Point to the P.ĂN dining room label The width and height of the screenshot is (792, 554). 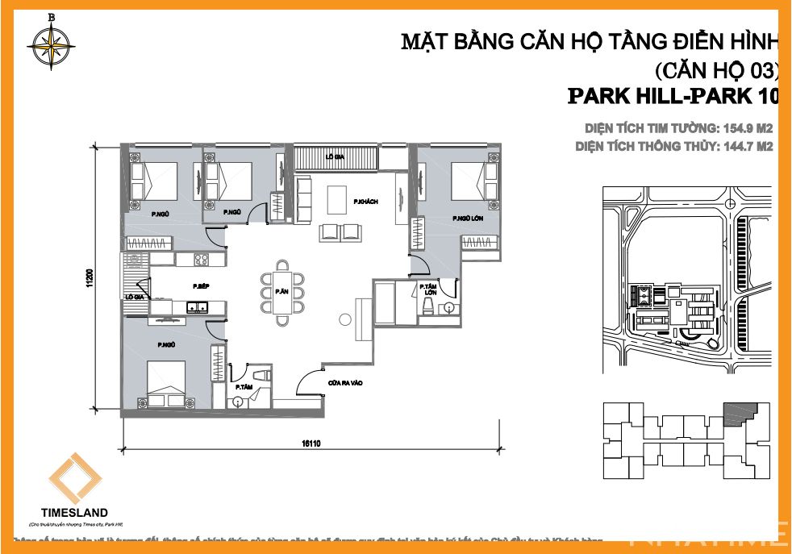(x=281, y=291)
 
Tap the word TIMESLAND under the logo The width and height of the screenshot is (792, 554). (x=73, y=512)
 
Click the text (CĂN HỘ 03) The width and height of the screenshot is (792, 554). (x=716, y=69)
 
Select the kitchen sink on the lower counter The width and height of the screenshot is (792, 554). (x=196, y=307)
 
